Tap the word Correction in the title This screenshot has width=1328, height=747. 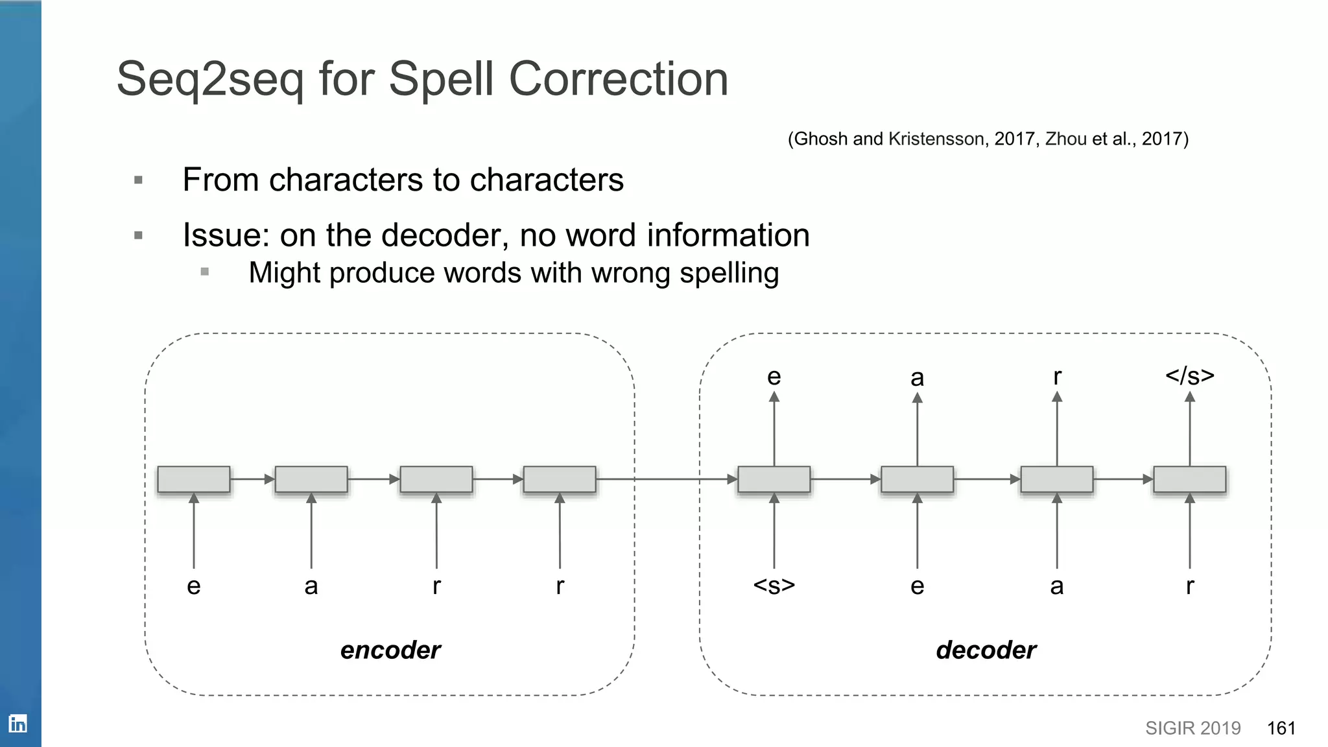pyautogui.click(x=619, y=79)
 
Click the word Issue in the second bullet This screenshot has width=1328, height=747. pyautogui.click(x=224, y=235)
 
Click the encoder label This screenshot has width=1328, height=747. pyautogui.click(x=390, y=650)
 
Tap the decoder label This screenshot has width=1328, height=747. pyautogui.click(x=986, y=650)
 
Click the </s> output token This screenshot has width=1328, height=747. pyautogui.click(x=1189, y=375)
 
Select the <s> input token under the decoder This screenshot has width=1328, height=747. pyautogui.click(x=774, y=586)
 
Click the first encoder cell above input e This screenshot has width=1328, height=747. pyautogui.click(x=194, y=479)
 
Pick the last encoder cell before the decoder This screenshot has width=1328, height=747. pyautogui.click(x=560, y=479)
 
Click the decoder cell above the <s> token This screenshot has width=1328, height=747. pyautogui.click(x=774, y=479)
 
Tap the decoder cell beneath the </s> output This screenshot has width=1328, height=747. pyautogui.click(x=1189, y=479)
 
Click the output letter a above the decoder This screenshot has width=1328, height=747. pyautogui.click(x=917, y=377)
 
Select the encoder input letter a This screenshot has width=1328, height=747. pyautogui.click(x=311, y=586)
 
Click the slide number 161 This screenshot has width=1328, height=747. pyautogui.click(x=1281, y=728)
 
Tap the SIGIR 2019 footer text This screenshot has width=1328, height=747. pyautogui.click(x=1192, y=728)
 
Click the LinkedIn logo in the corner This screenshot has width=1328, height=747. pyautogui.click(x=18, y=724)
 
